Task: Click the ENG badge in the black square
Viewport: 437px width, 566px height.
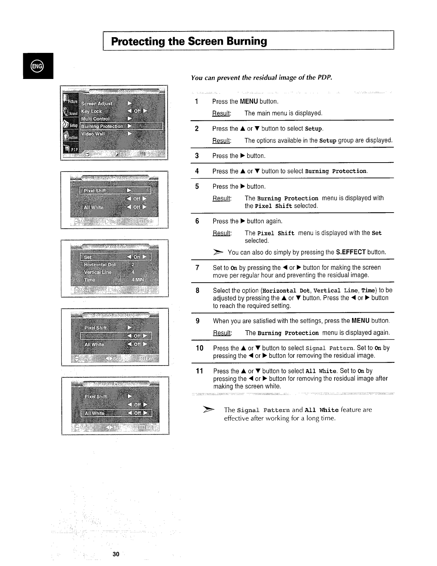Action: pos(37,66)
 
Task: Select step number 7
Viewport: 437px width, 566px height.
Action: pos(197,268)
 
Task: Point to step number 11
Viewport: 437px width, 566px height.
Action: pos(199,371)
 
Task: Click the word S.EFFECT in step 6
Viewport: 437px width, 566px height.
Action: pos(351,252)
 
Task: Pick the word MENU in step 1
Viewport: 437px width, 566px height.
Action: pos(249,101)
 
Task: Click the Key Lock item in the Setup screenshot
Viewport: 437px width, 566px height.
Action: pos(91,111)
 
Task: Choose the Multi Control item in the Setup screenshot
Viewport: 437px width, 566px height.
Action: pos(95,119)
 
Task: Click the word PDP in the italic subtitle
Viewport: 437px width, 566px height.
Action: pos(325,78)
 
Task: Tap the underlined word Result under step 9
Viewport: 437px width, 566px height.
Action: pos(222,333)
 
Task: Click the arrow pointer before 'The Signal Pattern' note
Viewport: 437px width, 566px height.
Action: pos(209,410)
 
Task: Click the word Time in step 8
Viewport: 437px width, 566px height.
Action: pos(368,291)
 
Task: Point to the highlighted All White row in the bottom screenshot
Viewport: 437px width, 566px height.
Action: pos(116,413)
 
